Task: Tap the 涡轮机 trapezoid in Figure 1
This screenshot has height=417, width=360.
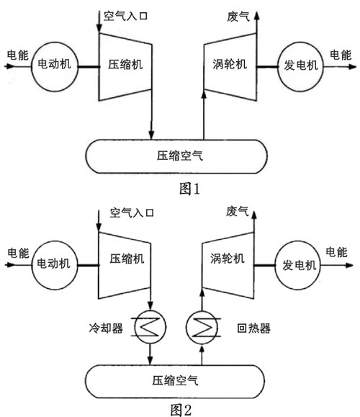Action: tap(230, 66)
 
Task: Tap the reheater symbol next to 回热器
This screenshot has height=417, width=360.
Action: tap(202, 328)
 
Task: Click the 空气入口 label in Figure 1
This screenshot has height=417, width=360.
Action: tap(125, 15)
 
